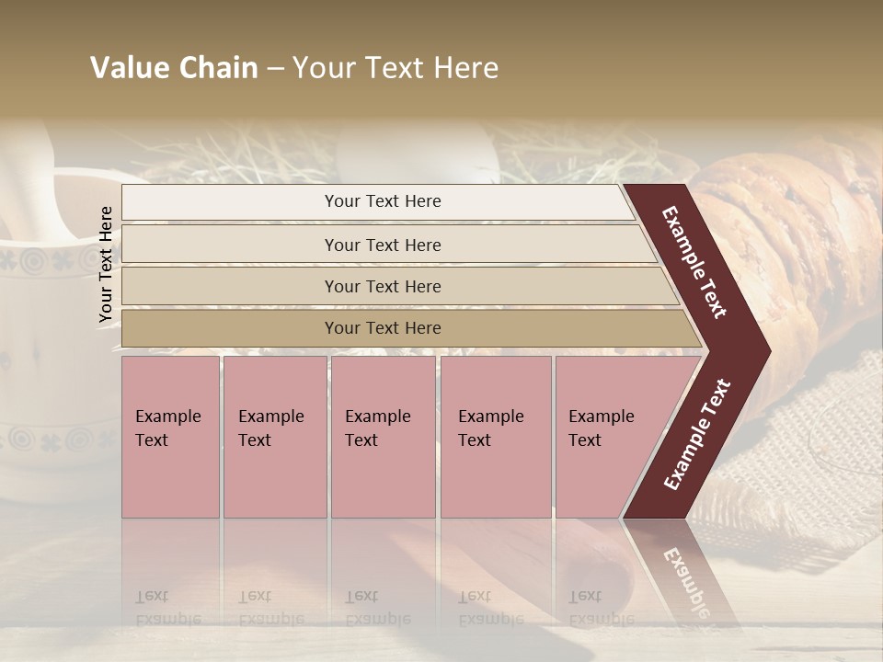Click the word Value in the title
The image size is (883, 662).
click(x=128, y=68)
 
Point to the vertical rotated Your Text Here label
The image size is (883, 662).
click(x=106, y=265)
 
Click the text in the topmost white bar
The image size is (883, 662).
click(x=383, y=201)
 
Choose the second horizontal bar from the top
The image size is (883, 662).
click(x=383, y=245)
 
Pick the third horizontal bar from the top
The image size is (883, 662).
click(x=383, y=286)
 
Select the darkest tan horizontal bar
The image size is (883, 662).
click(x=383, y=328)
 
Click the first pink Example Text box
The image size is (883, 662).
click(x=170, y=437)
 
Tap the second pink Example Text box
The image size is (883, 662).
click(x=274, y=437)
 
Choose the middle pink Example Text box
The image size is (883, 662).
click(x=383, y=437)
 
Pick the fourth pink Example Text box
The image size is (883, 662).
click(x=496, y=437)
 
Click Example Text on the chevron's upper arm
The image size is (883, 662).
click(x=694, y=262)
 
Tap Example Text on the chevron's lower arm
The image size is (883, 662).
click(x=697, y=435)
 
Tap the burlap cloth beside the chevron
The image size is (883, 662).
click(x=809, y=460)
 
